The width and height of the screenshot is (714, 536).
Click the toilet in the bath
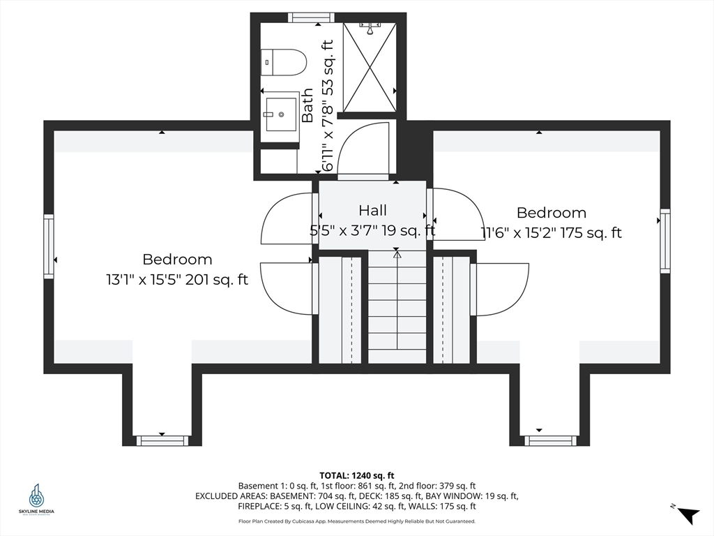pyautogui.click(x=282, y=62)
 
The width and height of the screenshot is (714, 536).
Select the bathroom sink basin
pyautogui.click(x=281, y=114)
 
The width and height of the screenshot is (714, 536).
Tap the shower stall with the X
pyautogui.click(x=370, y=66)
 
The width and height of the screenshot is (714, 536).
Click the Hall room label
pyautogui.click(x=373, y=210)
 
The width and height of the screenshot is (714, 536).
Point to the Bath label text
pyautogui.click(x=307, y=106)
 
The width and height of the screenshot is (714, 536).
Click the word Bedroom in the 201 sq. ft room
pyautogui.click(x=177, y=260)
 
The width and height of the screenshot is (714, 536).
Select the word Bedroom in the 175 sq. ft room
pyautogui.click(x=552, y=213)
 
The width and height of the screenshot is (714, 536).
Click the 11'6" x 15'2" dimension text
pyautogui.click(x=519, y=233)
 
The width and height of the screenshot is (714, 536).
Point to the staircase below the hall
pyautogui.click(x=397, y=306)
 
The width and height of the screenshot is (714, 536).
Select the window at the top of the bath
pyautogui.click(x=311, y=17)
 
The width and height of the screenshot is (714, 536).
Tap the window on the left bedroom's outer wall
pyautogui.click(x=49, y=246)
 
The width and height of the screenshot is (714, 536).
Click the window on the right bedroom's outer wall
pyautogui.click(x=665, y=241)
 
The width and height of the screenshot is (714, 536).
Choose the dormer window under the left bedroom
pyautogui.click(x=162, y=440)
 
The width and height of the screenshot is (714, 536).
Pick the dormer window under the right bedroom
pyautogui.click(x=550, y=440)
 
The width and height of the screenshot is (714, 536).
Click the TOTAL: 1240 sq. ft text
pyautogui.click(x=356, y=476)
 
